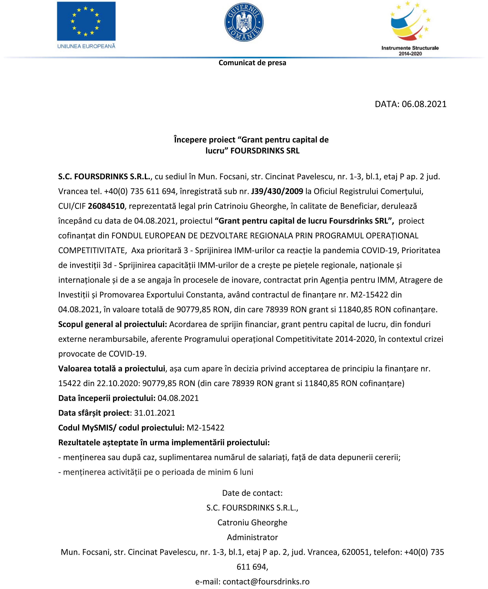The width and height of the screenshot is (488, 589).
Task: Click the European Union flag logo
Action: pos(86,21)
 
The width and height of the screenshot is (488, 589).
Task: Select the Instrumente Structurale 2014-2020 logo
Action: pos(410,28)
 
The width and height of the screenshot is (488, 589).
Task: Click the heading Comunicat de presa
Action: pos(252,63)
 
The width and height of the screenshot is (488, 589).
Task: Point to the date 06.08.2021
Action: pos(424,104)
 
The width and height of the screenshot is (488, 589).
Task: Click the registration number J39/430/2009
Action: pos(277,191)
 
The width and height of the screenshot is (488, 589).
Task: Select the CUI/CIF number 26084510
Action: pos(106,206)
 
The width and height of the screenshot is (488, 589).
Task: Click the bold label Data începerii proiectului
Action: pos(107,398)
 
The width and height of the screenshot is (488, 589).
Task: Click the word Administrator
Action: pos(252,537)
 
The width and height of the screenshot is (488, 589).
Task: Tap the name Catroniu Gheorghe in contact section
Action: pos(252,522)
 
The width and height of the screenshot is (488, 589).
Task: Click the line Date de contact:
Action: pos(252,493)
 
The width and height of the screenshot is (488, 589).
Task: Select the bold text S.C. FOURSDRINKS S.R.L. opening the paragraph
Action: pos(105,177)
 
